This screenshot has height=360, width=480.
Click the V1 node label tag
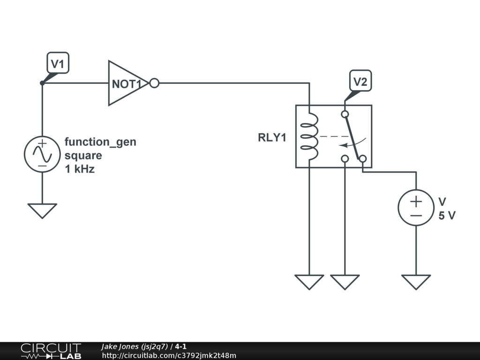(58, 62)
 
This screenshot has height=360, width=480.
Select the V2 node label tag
(360, 82)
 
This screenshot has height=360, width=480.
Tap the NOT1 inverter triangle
(126, 83)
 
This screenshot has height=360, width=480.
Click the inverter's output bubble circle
(154, 83)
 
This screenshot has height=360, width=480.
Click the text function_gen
(100, 142)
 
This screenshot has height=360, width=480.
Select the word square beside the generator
(83, 155)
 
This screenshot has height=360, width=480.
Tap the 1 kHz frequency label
(80, 169)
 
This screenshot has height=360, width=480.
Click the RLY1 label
(272, 138)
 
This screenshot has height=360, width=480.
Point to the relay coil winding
(309, 137)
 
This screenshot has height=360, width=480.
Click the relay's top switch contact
(345, 114)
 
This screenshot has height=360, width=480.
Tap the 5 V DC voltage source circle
(416, 207)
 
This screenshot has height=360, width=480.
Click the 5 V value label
(447, 216)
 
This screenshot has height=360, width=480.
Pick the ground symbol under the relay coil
(309, 282)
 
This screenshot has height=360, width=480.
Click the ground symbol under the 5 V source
(416, 282)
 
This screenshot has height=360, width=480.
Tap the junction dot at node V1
(42, 83)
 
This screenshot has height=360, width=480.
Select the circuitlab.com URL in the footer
(169, 356)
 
